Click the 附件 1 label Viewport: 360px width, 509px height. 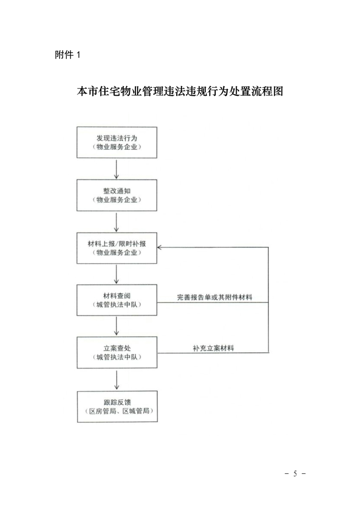click(67, 54)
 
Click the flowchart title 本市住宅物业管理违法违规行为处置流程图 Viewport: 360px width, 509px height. click(180, 91)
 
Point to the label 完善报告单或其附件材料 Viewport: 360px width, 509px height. click(214, 297)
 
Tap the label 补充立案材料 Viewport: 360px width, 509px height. click(213, 348)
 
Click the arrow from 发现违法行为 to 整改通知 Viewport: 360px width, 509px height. click(117, 169)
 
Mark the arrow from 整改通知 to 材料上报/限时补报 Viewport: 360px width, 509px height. click(117, 222)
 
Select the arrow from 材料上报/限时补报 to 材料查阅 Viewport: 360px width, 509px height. click(117, 274)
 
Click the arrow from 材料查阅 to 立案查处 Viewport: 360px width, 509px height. click(117, 326)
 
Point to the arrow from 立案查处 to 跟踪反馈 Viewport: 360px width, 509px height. click(117, 380)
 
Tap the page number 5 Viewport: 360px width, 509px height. click(295, 473)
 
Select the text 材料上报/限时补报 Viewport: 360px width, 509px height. click(117, 244)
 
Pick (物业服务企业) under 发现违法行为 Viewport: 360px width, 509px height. click(117, 147)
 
